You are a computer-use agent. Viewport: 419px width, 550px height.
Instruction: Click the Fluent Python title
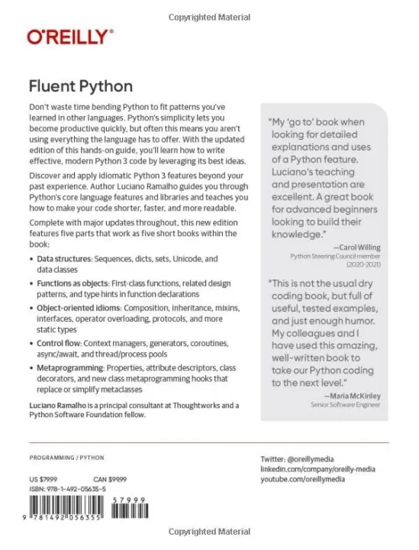coord(79,86)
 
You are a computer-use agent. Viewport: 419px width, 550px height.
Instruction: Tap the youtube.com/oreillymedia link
coord(302,479)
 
